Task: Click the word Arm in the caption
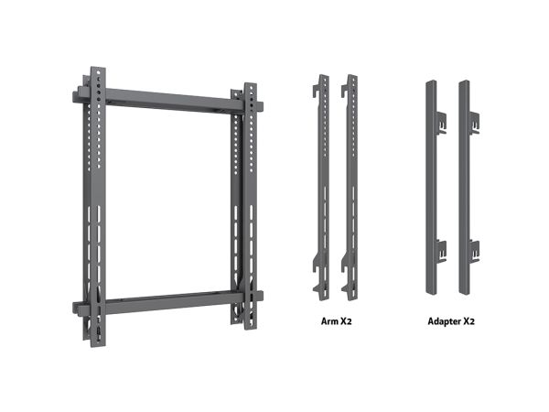(328, 321)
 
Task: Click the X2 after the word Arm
(345, 321)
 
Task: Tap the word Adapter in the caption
(444, 321)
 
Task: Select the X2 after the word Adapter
(468, 321)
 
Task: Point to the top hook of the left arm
(317, 91)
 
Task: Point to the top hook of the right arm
(345, 91)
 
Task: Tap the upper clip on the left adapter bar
(442, 123)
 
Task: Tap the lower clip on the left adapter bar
(442, 251)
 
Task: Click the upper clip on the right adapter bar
(474, 123)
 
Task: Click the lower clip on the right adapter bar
(474, 251)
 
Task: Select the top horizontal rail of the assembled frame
(168, 99)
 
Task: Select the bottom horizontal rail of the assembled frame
(168, 302)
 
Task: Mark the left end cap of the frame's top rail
(76, 97)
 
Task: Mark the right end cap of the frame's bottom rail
(260, 297)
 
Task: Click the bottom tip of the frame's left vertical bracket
(99, 346)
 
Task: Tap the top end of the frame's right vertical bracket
(251, 83)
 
